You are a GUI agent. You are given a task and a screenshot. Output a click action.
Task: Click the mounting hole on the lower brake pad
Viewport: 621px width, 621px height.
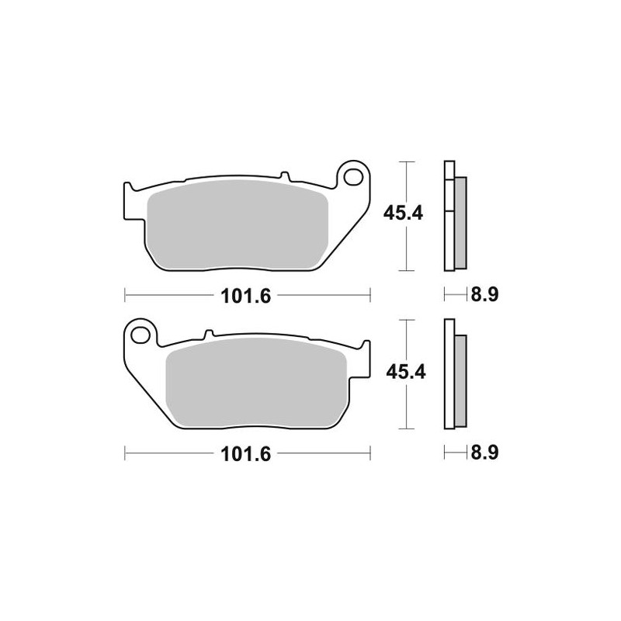coord(141,335)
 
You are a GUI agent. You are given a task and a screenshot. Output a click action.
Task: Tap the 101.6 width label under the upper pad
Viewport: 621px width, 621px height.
coord(247,296)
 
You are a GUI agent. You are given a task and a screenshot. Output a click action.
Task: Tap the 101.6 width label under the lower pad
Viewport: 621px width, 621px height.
coord(247,456)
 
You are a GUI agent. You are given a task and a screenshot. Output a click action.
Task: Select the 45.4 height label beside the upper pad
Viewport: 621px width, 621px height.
coord(403,213)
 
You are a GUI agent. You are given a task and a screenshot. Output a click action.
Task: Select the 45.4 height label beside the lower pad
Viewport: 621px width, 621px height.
coord(403,373)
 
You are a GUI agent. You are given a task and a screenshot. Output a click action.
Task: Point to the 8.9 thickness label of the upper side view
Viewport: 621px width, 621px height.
coord(482,296)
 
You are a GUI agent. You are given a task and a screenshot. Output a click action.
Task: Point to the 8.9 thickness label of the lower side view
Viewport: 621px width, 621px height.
coord(482,456)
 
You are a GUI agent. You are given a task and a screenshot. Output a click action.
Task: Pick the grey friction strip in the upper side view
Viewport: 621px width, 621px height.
coord(460,221)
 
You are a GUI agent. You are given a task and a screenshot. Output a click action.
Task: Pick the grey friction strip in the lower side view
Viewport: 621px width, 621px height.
coord(460,380)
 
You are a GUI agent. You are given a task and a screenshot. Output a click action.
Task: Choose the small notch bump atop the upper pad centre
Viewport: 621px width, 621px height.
coord(284,175)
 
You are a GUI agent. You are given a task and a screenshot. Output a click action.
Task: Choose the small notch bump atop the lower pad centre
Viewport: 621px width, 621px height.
coord(206,336)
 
